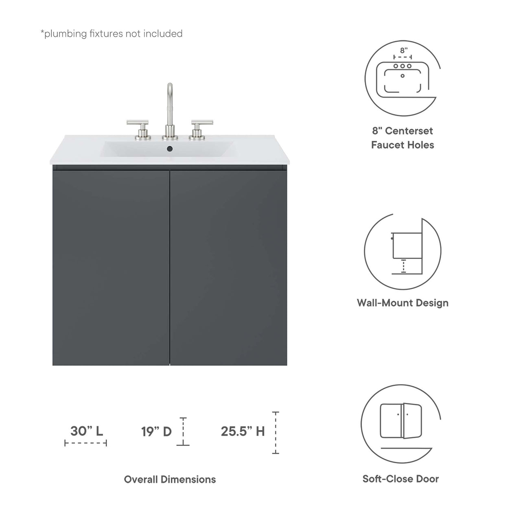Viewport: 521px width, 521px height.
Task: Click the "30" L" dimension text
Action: click(x=86, y=431)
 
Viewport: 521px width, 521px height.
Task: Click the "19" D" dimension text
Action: click(x=157, y=431)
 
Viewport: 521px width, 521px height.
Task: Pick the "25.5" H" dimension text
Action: click(x=243, y=431)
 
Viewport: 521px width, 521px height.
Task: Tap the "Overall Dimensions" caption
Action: click(x=170, y=479)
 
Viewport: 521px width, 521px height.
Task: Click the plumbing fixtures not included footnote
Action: click(x=112, y=34)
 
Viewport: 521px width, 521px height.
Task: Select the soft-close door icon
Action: click(x=401, y=422)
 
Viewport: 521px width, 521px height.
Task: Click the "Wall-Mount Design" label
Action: click(x=402, y=303)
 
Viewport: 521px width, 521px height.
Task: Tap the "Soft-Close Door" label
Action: click(x=401, y=479)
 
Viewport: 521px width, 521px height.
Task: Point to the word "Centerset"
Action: click(x=409, y=131)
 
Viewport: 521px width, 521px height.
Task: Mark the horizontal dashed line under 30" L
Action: click(x=85, y=443)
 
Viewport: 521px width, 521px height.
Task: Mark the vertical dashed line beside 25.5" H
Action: click(x=276, y=433)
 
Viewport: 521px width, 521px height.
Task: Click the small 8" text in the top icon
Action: click(x=403, y=51)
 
